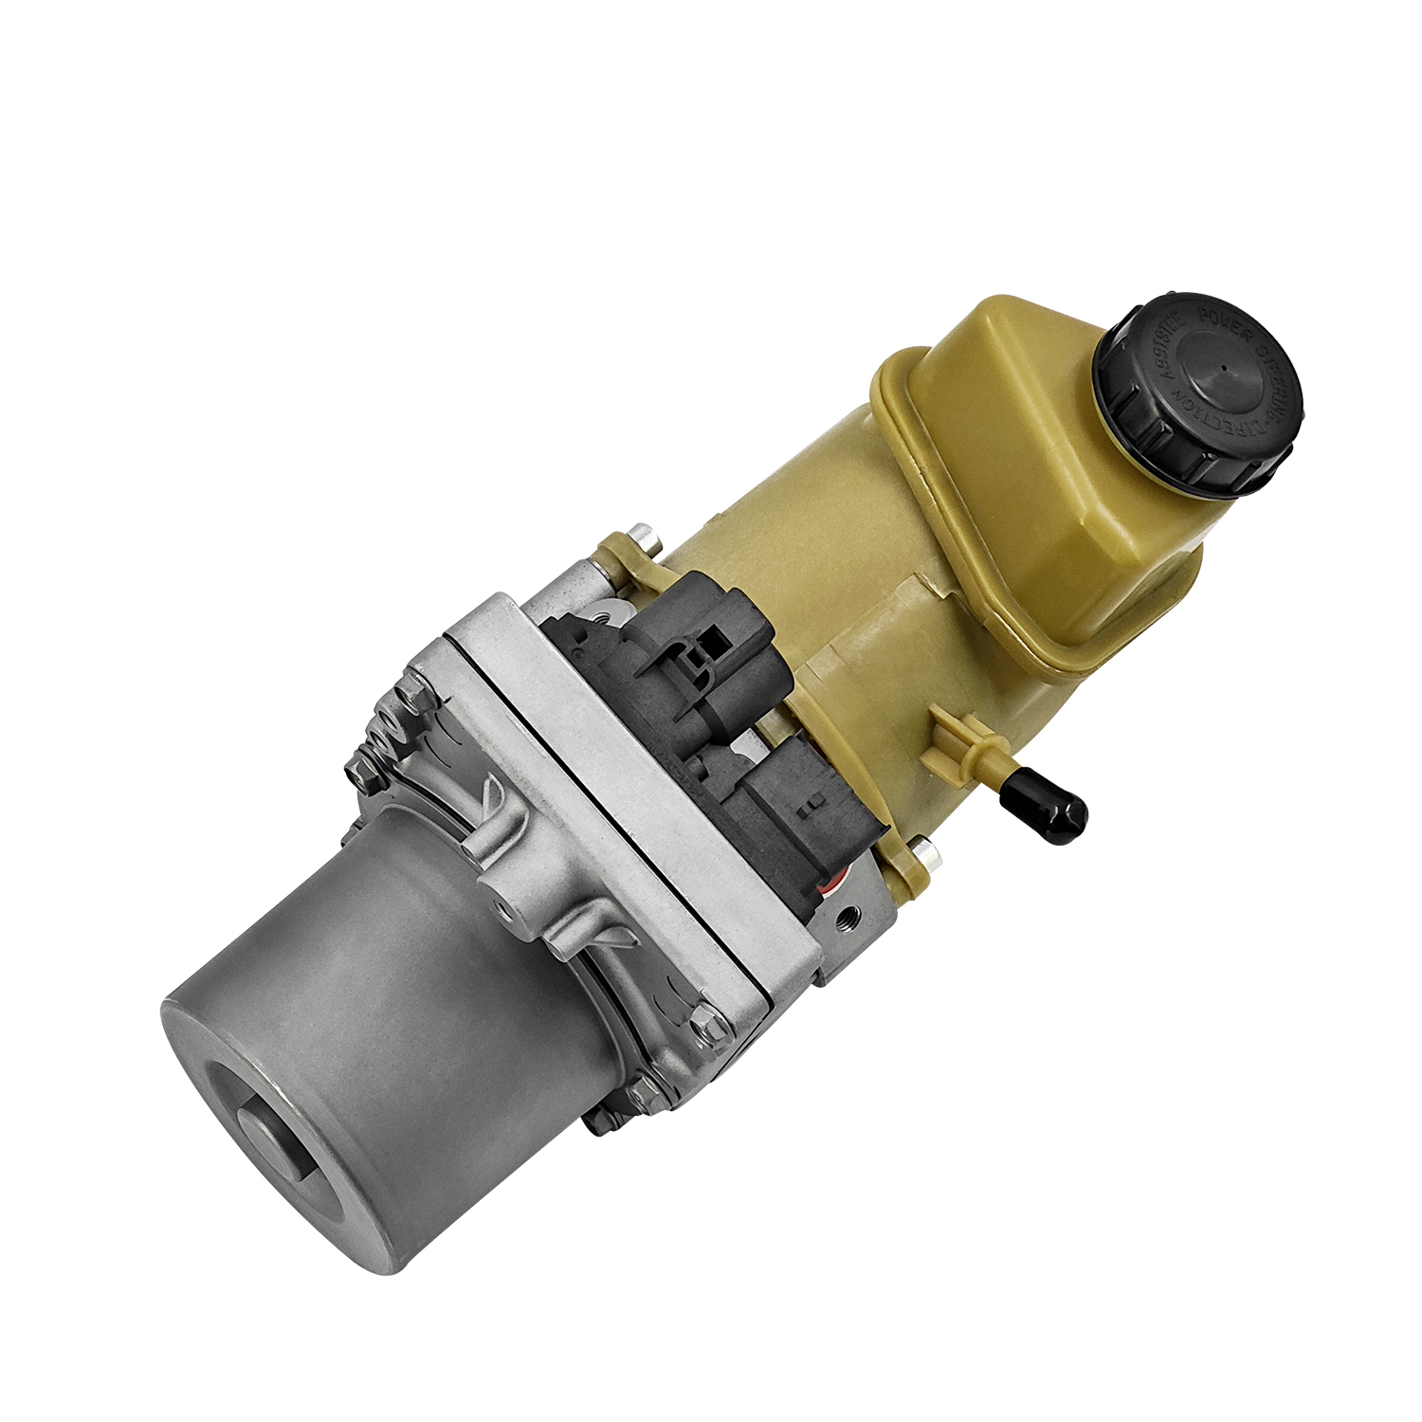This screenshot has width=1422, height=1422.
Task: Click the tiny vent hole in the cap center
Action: coord(1223,369)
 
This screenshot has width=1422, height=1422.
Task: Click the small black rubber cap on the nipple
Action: coord(1050,811)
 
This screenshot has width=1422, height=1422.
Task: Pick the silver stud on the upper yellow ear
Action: coord(647,539)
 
